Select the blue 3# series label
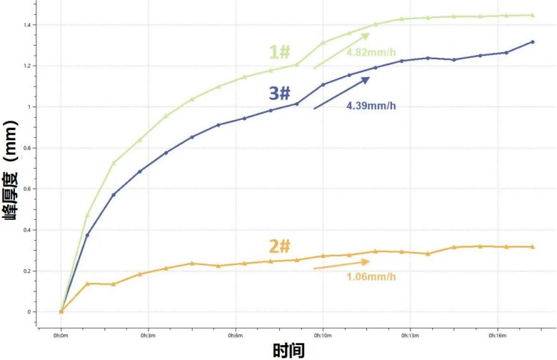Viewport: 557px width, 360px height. point(279,94)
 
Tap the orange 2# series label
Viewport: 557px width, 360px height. point(280,246)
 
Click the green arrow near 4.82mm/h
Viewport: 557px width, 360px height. point(341,50)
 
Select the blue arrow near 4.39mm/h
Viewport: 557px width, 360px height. point(342,93)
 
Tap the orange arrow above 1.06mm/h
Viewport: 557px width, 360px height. point(341,264)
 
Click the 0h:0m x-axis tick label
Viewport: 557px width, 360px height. point(61,334)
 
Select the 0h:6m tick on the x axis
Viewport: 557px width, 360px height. point(236,334)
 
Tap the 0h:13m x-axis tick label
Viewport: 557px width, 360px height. point(410,334)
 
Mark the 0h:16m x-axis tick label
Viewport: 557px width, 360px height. point(497,334)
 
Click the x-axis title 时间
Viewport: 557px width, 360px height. point(288,351)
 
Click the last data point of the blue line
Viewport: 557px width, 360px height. point(532,42)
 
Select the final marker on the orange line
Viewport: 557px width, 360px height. point(532,247)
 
